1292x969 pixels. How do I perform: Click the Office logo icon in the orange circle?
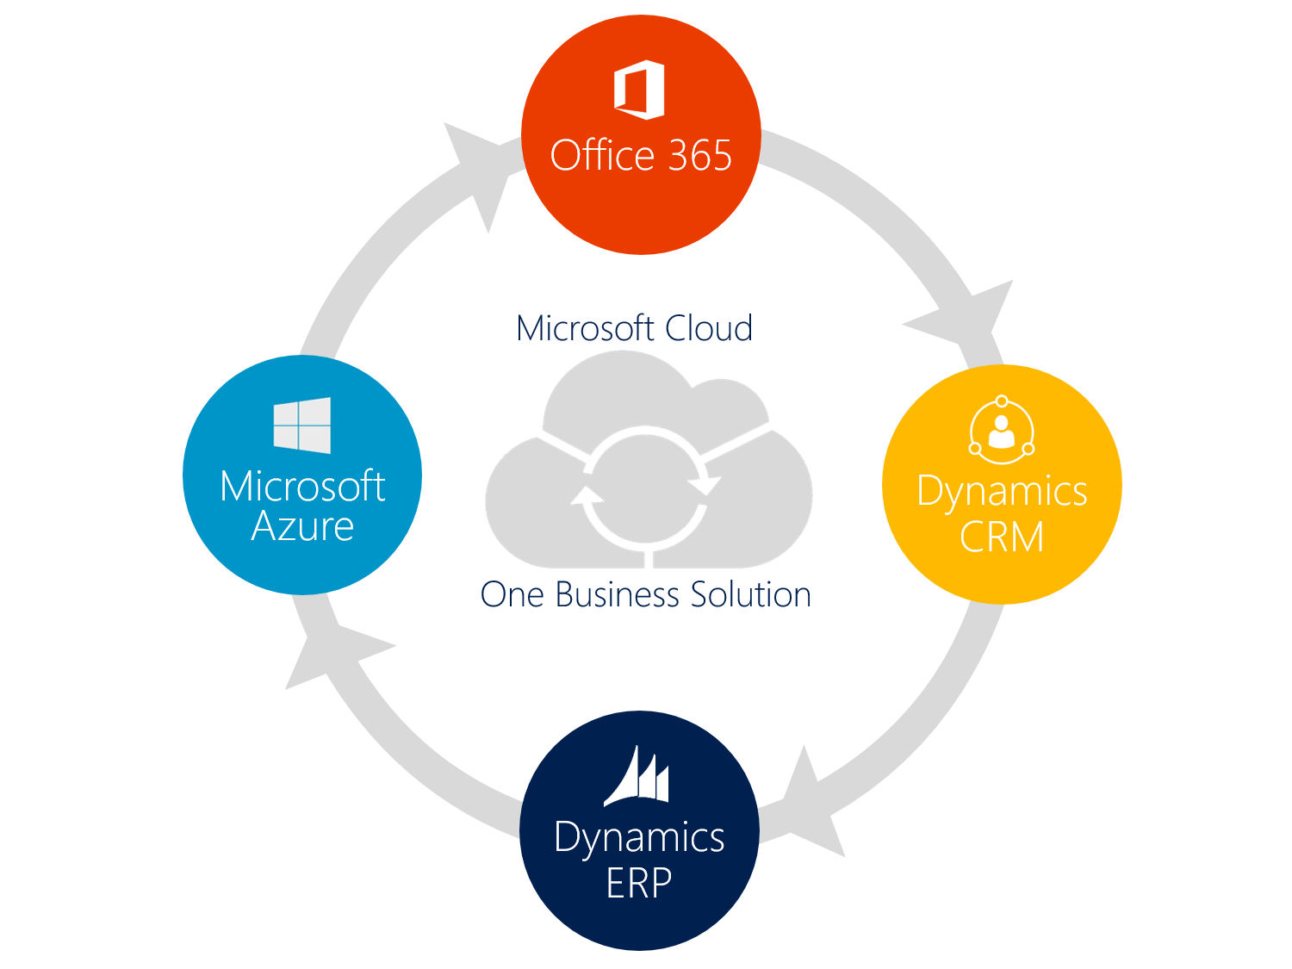pos(639,89)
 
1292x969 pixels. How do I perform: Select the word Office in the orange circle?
pos(603,156)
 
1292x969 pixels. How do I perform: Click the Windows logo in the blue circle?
pos(302,425)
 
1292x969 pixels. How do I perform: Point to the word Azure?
pos(302,526)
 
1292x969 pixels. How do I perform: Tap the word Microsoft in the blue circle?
pos(302,487)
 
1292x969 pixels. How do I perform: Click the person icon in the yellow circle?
pos(1002,428)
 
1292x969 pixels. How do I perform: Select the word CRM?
pos(1002,537)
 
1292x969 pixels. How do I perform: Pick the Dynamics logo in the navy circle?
pos(637,777)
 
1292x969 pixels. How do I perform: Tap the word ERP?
pos(638,883)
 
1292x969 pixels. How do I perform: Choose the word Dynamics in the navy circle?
pos(639,838)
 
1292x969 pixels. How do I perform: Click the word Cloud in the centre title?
pos(709,328)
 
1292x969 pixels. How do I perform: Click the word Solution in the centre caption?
pos(751,594)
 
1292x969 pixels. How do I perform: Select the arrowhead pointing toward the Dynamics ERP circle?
pos(810,805)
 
